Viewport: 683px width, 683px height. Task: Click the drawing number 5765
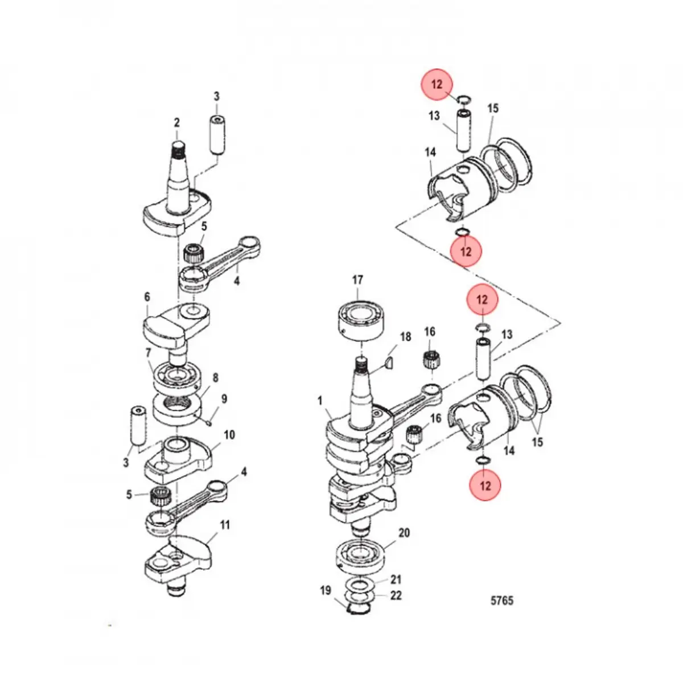click(502, 600)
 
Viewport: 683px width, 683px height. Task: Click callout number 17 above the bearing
click(357, 280)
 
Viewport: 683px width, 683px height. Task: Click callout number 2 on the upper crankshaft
click(176, 122)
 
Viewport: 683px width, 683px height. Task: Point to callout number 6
click(147, 297)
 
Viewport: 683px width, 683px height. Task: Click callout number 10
click(229, 435)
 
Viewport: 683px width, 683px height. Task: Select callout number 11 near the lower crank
click(225, 524)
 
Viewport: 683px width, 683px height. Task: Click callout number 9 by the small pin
click(224, 399)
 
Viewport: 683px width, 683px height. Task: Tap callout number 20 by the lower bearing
click(404, 533)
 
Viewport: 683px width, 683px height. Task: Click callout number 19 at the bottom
click(326, 591)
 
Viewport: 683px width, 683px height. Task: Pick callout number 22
click(396, 595)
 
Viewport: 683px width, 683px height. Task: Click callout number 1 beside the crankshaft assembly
click(320, 401)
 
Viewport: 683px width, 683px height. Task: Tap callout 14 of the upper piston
click(430, 152)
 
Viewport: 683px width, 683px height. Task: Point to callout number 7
click(147, 353)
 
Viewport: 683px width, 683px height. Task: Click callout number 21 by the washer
click(396, 579)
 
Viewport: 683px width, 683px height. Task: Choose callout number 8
click(216, 377)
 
